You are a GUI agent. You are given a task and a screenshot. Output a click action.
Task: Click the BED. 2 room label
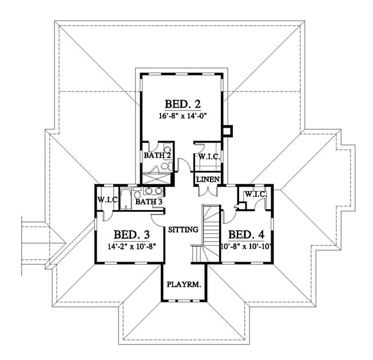[182, 104]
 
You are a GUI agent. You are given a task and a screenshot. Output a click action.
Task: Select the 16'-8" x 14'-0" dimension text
[182, 116]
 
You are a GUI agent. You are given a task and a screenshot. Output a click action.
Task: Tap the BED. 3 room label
[132, 235]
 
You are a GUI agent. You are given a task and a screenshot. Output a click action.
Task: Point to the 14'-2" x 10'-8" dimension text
[132, 247]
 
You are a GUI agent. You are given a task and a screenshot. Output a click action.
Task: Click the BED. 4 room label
[246, 235]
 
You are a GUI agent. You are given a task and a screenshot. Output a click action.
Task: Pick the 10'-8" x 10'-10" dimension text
[246, 247]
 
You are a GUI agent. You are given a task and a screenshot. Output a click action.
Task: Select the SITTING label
[183, 230]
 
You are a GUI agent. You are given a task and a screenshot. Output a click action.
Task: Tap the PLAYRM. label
[184, 284]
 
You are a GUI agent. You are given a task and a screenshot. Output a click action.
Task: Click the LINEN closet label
[208, 179]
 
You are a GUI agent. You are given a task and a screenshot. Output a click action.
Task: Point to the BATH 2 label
[157, 156]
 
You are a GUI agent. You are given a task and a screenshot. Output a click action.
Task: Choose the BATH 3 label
[149, 202]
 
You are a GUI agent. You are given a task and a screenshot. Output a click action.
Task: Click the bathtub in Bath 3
[126, 199]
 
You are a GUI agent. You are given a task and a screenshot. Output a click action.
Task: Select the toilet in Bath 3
[137, 193]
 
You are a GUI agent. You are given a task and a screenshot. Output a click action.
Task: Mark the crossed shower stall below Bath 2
[157, 178]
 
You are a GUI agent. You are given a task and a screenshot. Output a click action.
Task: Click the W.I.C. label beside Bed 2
[209, 157]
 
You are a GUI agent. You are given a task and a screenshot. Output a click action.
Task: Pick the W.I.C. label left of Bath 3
[108, 200]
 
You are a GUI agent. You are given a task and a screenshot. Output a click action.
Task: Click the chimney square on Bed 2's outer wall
[228, 131]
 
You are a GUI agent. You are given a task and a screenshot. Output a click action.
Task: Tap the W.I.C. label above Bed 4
[256, 194]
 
